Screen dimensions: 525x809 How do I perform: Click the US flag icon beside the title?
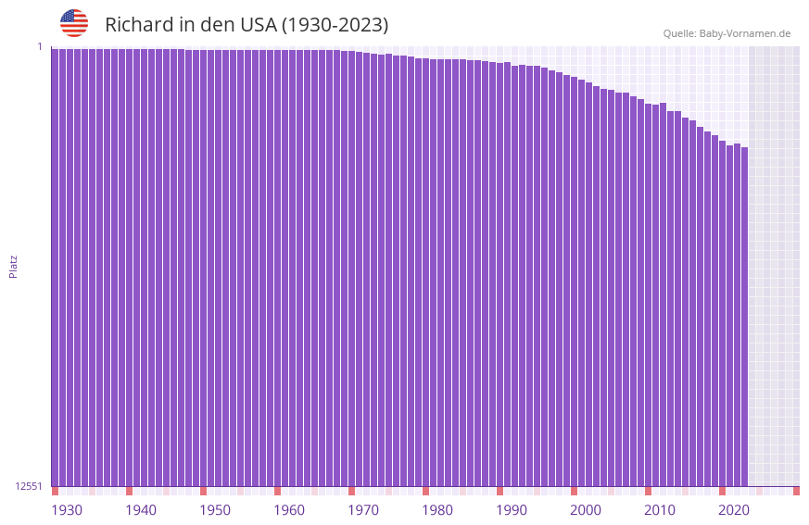pyautogui.click(x=74, y=23)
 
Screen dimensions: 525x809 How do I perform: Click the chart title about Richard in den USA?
pyautogui.click(x=246, y=25)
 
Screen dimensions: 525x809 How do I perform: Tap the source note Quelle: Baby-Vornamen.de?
pyautogui.click(x=727, y=33)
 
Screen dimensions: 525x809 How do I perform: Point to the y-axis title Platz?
pyautogui.click(x=13, y=266)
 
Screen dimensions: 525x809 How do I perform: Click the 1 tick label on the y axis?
pyautogui.click(x=40, y=46)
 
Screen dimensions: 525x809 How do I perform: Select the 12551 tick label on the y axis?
pyautogui.click(x=28, y=486)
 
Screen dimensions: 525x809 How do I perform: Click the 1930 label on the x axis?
pyautogui.click(x=67, y=510)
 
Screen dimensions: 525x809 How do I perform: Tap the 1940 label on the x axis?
pyautogui.click(x=141, y=510)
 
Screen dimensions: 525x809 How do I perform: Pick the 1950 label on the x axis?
pyautogui.click(x=215, y=510)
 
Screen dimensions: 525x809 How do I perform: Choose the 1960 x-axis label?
pyautogui.click(x=289, y=510)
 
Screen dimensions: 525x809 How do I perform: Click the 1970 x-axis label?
pyautogui.click(x=363, y=510)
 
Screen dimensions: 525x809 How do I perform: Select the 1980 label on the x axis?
pyautogui.click(x=437, y=510)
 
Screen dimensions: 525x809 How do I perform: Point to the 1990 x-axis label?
pyautogui.click(x=512, y=510)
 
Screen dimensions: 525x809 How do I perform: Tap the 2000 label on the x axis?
pyautogui.click(x=586, y=510)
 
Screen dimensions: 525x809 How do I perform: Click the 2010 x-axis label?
pyautogui.click(x=660, y=510)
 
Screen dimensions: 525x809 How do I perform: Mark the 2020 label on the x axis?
pyautogui.click(x=734, y=510)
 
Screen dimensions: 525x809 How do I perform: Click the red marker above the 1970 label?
pyautogui.click(x=351, y=491)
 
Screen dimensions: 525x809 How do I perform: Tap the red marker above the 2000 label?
pyautogui.click(x=574, y=491)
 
